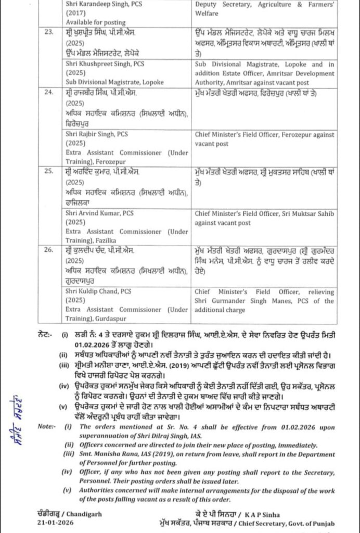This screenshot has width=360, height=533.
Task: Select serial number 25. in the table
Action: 49,171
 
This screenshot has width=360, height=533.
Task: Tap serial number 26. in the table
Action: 49,250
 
